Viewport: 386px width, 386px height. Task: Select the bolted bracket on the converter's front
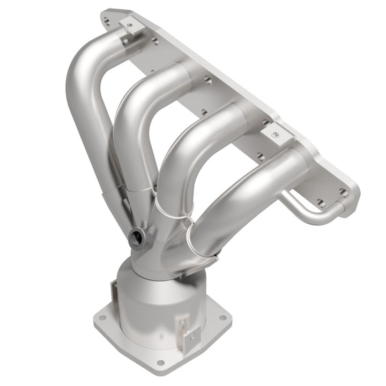coord(190,337)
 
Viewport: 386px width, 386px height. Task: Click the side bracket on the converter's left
coord(115,293)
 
